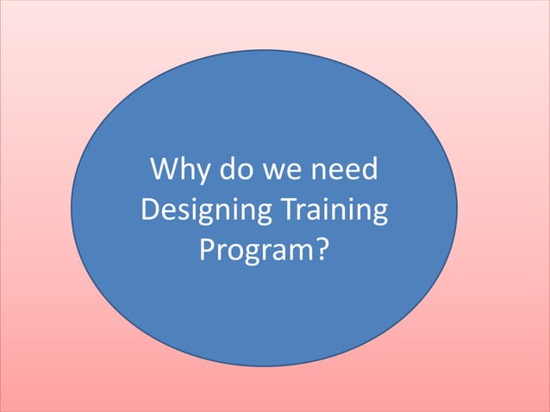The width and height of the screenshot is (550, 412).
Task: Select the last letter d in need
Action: pos(369,169)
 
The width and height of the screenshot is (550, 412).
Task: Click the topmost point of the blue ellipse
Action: pos(264,49)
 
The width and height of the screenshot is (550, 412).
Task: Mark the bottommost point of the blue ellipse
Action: pos(264,366)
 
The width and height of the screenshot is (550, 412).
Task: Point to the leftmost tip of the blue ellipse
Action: pos(71,208)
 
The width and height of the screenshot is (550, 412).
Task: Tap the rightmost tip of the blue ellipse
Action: pos(457,208)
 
